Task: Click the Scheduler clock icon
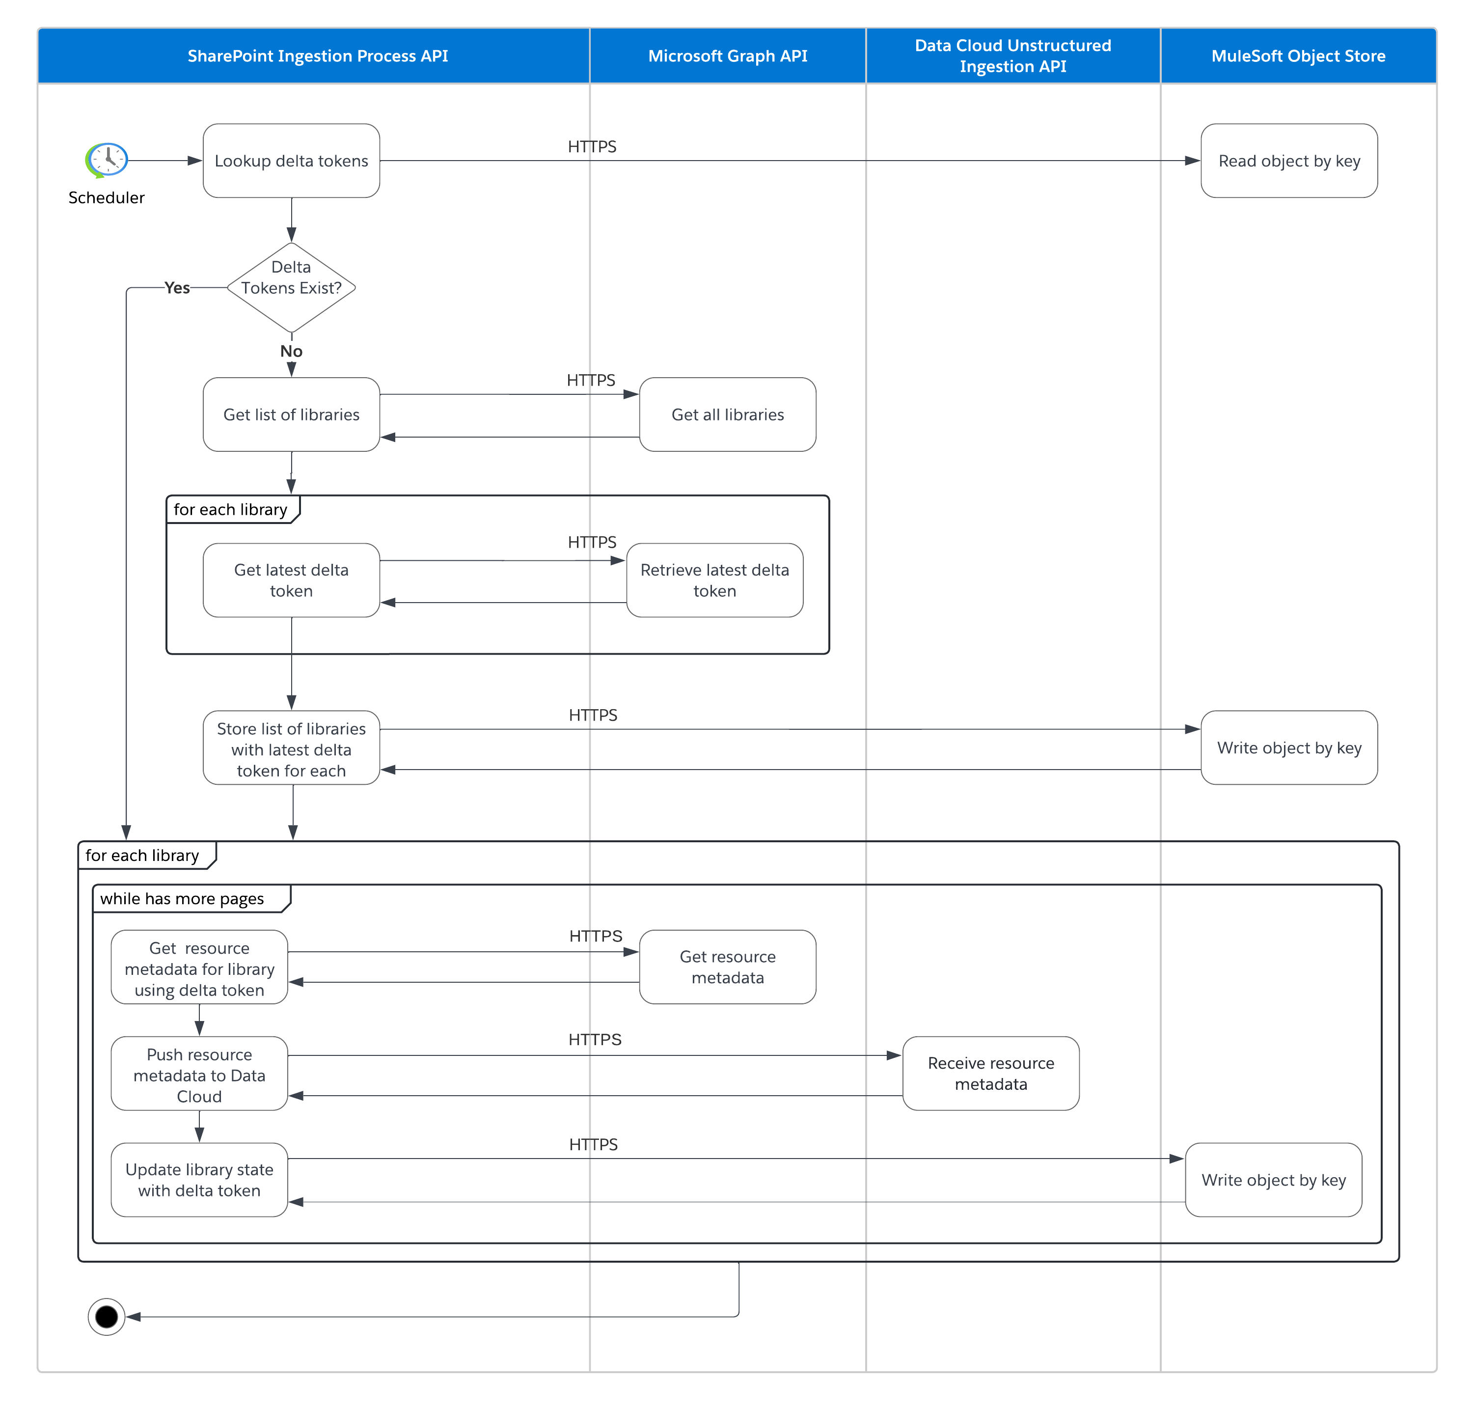(x=107, y=159)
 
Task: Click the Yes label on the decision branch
(x=177, y=288)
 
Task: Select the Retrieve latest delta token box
(x=714, y=580)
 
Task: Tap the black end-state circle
(x=107, y=1316)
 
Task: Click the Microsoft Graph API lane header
(x=727, y=55)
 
